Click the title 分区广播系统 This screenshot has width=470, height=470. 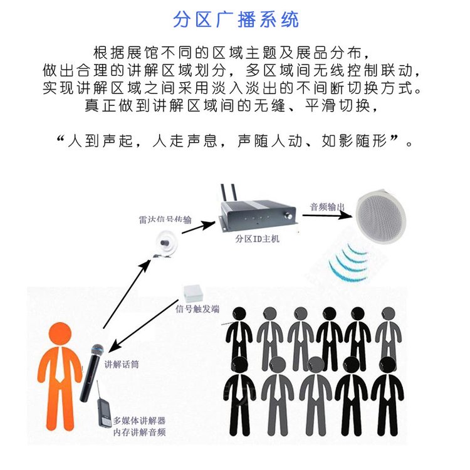click(x=236, y=19)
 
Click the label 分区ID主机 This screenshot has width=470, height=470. click(x=256, y=239)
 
